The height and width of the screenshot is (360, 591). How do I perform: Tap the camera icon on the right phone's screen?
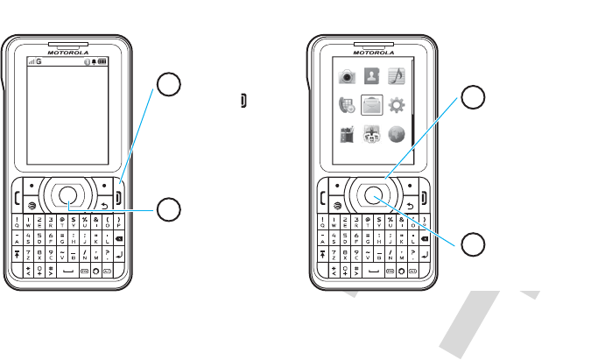click(x=348, y=77)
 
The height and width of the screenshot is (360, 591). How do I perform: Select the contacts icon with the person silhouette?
click(x=372, y=77)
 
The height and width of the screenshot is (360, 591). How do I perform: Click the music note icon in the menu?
click(x=397, y=77)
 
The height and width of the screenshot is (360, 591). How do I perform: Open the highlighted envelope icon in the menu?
click(x=372, y=106)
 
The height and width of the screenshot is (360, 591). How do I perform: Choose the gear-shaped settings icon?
click(x=397, y=106)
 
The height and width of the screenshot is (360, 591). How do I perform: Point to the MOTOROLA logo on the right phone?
click(x=374, y=49)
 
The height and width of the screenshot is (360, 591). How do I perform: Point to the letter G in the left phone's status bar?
click(x=39, y=61)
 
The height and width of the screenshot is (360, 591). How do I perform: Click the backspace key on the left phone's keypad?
click(x=118, y=237)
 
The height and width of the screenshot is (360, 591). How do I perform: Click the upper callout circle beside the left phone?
click(x=169, y=84)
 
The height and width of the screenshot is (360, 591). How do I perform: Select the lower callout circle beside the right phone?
click(x=474, y=244)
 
